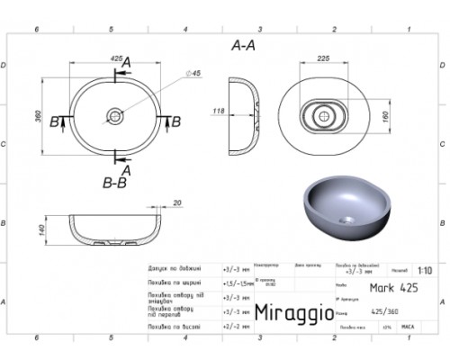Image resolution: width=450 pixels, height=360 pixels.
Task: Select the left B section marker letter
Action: coord(53,121)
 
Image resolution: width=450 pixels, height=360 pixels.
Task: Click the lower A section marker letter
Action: coord(127,168)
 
